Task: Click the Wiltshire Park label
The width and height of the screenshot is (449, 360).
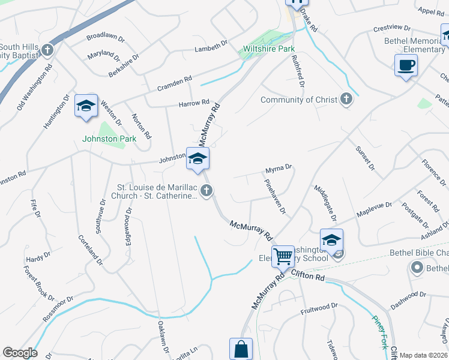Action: coord(268,49)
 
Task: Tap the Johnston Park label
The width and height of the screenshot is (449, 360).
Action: coord(109,139)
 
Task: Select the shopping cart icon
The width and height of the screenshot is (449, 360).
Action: coord(283,256)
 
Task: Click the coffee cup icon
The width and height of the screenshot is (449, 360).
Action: coord(406,65)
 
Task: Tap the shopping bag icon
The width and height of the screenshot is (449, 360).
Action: coord(241,349)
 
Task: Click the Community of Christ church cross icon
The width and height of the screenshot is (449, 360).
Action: coord(346,100)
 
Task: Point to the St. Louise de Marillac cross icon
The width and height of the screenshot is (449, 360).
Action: coord(206,191)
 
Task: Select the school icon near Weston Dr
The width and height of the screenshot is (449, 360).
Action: coord(86,106)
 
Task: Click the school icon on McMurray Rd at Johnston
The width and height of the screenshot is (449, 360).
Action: coord(197,159)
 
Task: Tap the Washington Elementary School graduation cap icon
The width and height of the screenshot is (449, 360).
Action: coord(331,240)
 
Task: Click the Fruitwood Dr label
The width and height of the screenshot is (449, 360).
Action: coord(319,307)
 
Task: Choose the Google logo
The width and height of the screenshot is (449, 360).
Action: coord(20,353)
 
